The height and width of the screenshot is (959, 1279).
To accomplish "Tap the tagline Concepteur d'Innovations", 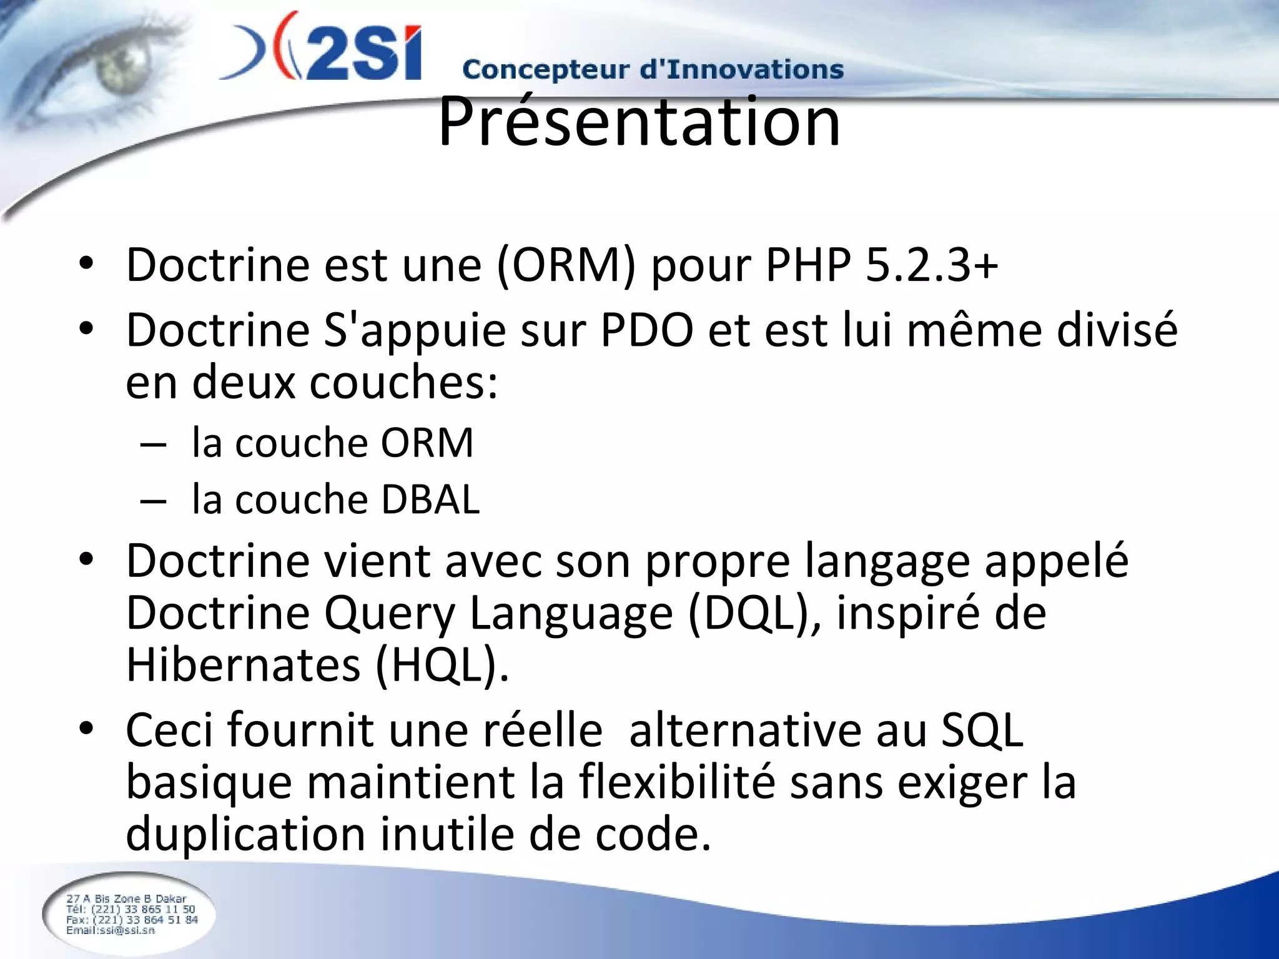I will pos(653,69).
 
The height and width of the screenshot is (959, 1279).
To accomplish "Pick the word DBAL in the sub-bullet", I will pos(430,499).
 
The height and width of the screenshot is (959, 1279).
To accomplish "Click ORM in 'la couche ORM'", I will pos(427,443).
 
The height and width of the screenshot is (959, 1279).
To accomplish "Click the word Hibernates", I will pos(244,665).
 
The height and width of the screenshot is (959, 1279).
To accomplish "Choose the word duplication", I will pos(245,835).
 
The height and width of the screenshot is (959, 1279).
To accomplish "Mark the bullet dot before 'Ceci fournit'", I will pos(86,728).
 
